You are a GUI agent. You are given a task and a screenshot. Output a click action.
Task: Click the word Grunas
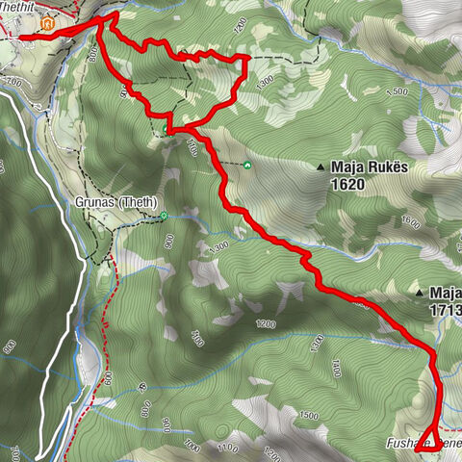(96, 203)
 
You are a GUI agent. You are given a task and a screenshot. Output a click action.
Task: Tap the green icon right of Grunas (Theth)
(165, 215)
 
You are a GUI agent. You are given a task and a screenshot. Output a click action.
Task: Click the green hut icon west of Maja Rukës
(247, 165)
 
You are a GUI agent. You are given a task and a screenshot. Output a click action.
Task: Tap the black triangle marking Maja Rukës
(321, 167)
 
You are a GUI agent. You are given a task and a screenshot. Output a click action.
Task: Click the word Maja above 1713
(447, 293)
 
